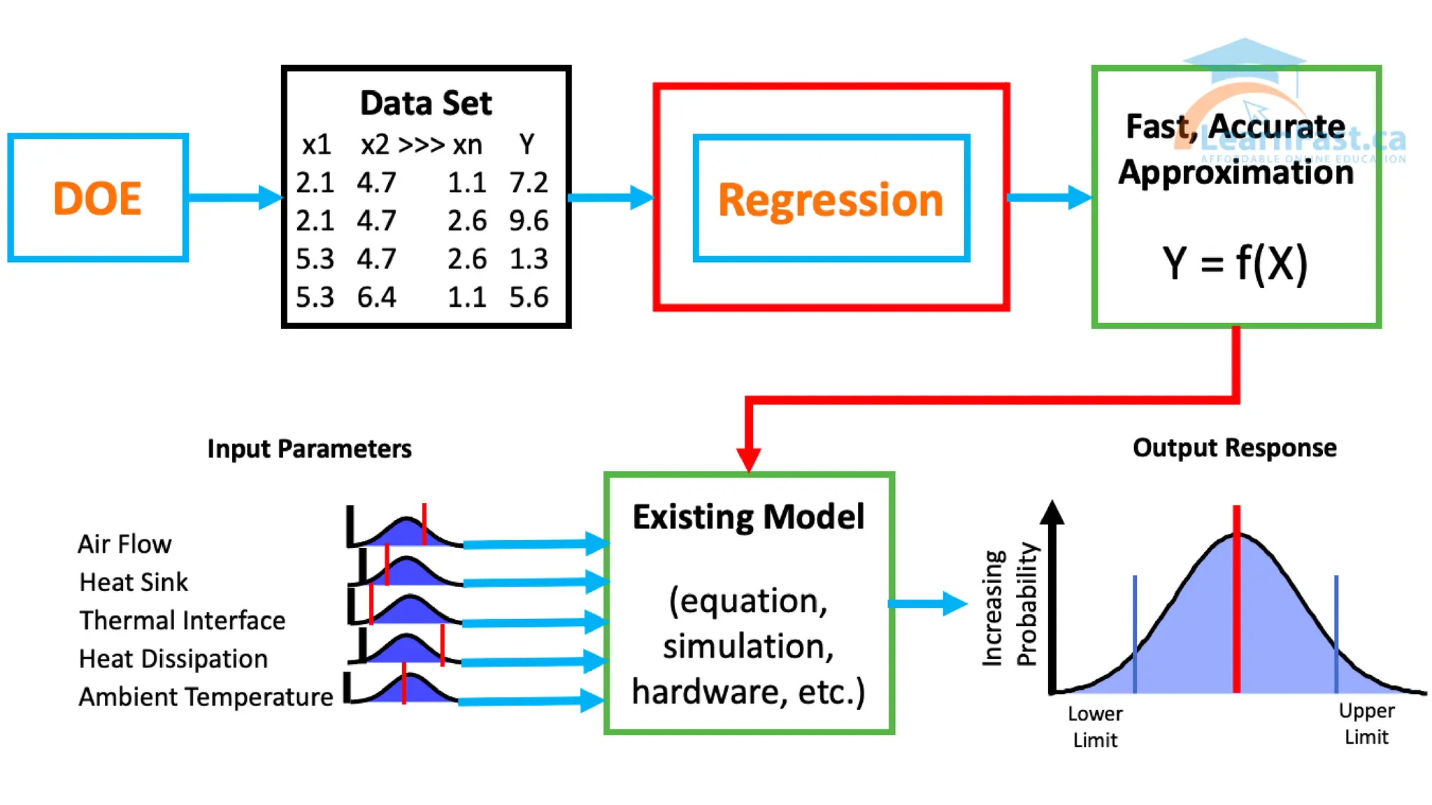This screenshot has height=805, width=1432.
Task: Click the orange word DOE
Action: point(97,198)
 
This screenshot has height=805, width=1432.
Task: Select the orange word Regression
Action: point(831,201)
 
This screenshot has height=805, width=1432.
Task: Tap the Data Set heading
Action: point(426,103)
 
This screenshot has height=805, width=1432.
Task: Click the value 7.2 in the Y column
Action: point(529,182)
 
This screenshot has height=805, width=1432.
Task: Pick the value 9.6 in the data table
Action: point(529,221)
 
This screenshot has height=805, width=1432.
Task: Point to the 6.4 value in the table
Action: point(376,298)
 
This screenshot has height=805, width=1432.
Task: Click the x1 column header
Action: point(316,145)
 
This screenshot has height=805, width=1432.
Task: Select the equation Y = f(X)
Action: point(1235,264)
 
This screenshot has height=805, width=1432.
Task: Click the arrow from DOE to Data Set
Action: point(235,197)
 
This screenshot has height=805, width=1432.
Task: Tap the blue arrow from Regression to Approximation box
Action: point(1049,197)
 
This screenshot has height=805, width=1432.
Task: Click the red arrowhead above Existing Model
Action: point(749,458)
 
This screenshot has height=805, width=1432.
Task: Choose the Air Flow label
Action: point(124,544)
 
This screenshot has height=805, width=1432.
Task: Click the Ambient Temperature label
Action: point(206,697)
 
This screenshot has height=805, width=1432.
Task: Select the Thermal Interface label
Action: point(182,621)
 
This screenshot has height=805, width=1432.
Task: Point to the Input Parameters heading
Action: point(310,449)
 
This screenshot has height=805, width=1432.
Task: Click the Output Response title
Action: point(1235,448)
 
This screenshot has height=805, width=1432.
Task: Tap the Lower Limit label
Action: point(1095,727)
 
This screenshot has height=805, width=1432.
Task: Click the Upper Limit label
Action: point(1366,724)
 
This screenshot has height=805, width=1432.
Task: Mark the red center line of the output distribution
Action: point(1236,599)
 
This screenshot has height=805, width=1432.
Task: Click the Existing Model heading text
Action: point(749,517)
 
